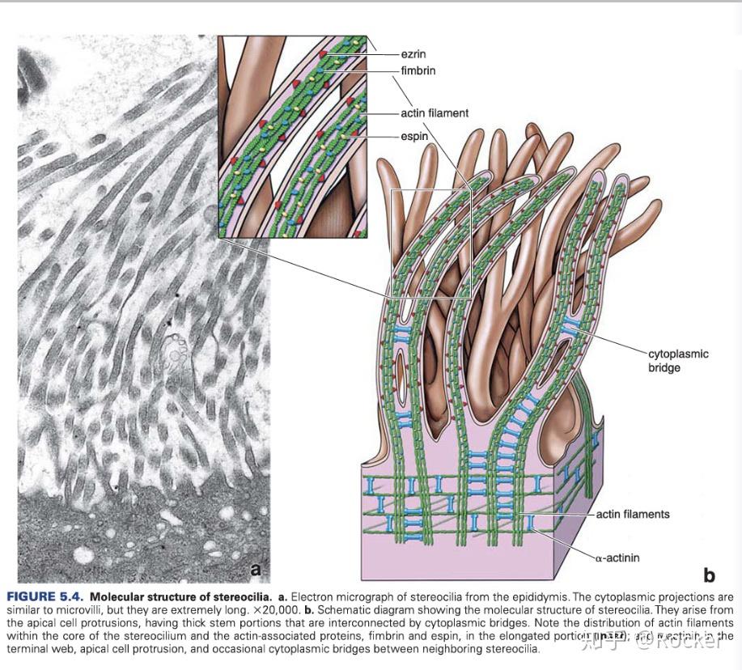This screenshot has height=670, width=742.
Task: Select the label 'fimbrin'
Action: tap(418, 70)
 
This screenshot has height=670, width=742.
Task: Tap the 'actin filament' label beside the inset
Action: tap(435, 113)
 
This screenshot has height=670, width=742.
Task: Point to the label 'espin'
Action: tap(414, 137)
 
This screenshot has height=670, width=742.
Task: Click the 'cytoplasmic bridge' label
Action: tap(678, 361)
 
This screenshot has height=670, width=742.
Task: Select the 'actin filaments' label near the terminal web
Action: tap(633, 514)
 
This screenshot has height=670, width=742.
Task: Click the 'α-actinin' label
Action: tap(621, 556)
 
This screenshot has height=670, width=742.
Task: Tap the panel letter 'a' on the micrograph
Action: tap(256, 569)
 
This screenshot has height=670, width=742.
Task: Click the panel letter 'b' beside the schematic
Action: tap(709, 575)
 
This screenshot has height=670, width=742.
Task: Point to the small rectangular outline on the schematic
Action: tap(430, 244)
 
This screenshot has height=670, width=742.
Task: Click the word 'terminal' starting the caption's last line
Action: tap(26, 649)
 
